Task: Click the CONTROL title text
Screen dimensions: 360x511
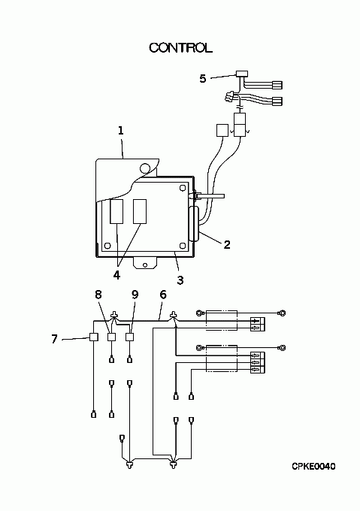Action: click(x=181, y=48)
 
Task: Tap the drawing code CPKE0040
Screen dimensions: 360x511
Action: click(x=313, y=467)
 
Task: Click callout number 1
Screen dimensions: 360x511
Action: click(x=121, y=131)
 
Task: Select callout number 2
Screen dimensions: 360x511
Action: click(x=227, y=244)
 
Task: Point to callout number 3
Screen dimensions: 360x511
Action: click(x=180, y=280)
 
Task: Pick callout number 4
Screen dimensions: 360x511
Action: click(x=116, y=275)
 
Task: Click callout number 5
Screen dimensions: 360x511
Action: click(x=203, y=79)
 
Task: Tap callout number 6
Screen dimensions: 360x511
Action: click(x=163, y=295)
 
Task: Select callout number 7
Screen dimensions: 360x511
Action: click(x=54, y=339)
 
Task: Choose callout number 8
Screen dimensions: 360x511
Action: click(x=98, y=295)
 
